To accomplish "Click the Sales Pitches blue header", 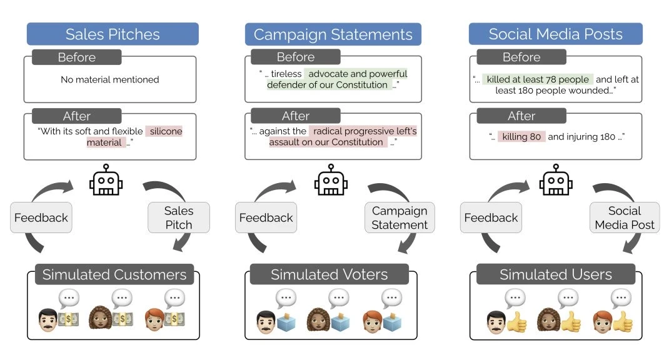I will (x=113, y=34).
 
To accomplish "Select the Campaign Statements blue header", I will (x=333, y=34).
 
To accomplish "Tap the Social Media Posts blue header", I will (x=556, y=34).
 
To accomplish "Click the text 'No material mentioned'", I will (x=110, y=79).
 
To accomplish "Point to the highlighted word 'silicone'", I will (x=164, y=131).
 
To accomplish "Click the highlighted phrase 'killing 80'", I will (x=522, y=136).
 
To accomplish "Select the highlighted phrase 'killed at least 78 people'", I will (x=538, y=79).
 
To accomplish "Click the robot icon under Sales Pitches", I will (x=106, y=180).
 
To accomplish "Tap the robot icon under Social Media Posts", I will (x=556, y=180).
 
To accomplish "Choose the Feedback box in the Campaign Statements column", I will (x=266, y=217).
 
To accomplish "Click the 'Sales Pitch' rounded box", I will (x=179, y=217).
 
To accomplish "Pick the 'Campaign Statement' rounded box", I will (x=400, y=217).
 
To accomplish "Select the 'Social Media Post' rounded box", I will (x=625, y=217).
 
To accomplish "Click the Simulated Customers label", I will (x=114, y=274).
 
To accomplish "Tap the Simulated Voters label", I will (x=329, y=274).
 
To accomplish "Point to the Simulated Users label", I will (x=556, y=274).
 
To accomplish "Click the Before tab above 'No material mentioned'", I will (x=76, y=57).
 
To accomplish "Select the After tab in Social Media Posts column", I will (x=521, y=116).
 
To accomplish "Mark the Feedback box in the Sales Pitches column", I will (x=42, y=217).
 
